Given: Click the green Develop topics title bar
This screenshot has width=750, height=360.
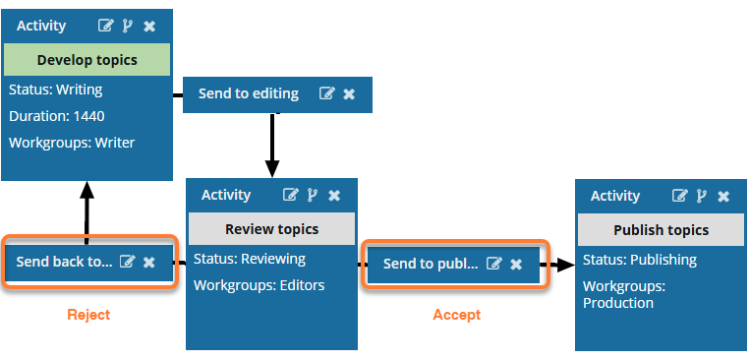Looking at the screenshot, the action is (x=87, y=60).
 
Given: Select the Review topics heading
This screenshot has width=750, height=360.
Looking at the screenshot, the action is (x=271, y=229).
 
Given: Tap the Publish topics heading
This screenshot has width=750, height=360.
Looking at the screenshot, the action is (x=661, y=230).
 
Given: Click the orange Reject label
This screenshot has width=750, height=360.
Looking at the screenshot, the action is (x=88, y=315).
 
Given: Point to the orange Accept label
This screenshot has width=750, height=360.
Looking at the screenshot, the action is (x=457, y=315).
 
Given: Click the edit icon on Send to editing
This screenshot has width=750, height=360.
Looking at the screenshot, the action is (x=327, y=93).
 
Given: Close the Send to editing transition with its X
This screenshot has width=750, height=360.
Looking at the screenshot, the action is (x=349, y=93).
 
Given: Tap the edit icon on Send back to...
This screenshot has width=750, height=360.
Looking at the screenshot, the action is (x=127, y=262).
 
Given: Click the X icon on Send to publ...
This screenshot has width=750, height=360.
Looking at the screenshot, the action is (x=516, y=265).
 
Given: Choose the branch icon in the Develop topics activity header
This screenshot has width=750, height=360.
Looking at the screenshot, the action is (x=127, y=26).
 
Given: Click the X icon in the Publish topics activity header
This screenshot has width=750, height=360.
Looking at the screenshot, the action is (x=723, y=197).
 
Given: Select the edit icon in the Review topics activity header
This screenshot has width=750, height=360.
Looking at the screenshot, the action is (x=290, y=195).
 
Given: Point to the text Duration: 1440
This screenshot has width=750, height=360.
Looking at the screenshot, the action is (x=57, y=116).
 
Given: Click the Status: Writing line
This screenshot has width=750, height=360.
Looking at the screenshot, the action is (x=55, y=90).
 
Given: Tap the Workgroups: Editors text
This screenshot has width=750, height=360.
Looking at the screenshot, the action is (x=260, y=286).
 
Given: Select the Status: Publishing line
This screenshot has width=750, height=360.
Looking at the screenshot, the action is (x=640, y=260).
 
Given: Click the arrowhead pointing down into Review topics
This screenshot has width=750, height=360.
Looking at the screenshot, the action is (x=272, y=169).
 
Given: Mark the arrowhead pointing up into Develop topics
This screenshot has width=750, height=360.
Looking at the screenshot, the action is (x=87, y=190).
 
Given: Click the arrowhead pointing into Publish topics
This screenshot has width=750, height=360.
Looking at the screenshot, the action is (x=566, y=265).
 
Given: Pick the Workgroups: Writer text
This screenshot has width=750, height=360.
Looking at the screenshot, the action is (x=72, y=143).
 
